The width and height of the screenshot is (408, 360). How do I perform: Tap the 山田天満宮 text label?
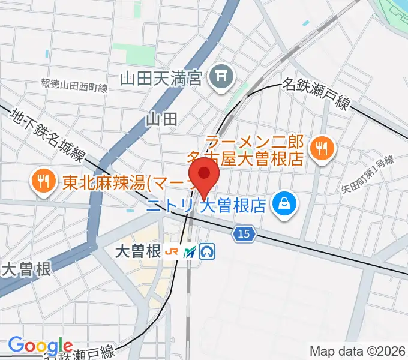pos(163,77)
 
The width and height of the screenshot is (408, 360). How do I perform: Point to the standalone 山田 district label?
pos(161,120)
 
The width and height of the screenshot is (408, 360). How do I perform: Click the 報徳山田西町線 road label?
pos(74,88)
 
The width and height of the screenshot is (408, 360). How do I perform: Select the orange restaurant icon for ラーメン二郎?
pos(322,146)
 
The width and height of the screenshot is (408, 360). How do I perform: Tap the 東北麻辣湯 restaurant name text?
pos(106,181)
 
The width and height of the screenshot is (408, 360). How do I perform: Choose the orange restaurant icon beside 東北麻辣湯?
pos(42,181)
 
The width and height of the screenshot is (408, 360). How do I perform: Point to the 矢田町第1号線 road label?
pos(367,174)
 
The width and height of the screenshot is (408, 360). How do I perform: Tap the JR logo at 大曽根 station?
pos(172,252)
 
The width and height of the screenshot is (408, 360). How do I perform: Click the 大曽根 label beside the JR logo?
pos(137,251)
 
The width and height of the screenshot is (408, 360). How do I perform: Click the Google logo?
pos(40,346)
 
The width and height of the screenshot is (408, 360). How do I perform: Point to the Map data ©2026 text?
pos(356,350)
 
